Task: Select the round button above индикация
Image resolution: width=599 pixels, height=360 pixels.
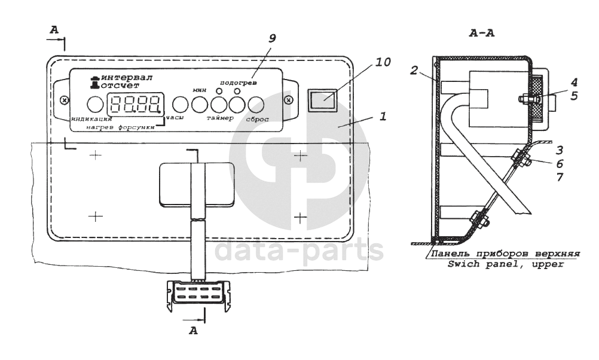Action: coord(95,104)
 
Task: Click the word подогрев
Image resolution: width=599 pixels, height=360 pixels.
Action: coord(236,82)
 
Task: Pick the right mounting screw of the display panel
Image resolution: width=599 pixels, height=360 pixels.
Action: coord(288,99)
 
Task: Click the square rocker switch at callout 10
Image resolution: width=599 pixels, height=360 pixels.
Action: coord(322,99)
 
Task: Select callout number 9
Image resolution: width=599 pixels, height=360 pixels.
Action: coord(271,38)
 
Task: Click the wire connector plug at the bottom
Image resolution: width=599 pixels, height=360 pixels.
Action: coord(198,295)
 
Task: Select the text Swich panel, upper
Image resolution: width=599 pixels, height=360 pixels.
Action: coord(506,263)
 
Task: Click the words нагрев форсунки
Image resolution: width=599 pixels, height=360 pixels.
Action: coord(120,127)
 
